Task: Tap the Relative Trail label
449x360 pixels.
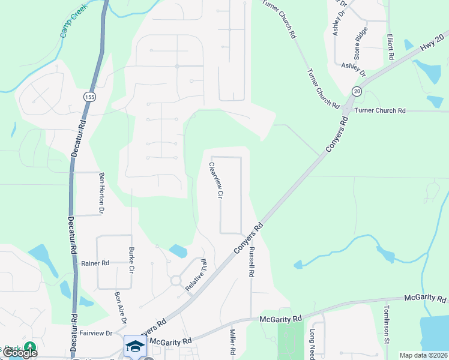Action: tap(196, 275)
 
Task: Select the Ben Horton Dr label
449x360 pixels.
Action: tap(101, 193)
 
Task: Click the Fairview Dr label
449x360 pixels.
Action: tap(96, 332)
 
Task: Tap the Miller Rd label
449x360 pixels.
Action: tap(232, 341)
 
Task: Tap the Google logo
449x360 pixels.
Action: tap(20, 352)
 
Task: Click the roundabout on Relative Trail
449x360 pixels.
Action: tap(176, 280)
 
